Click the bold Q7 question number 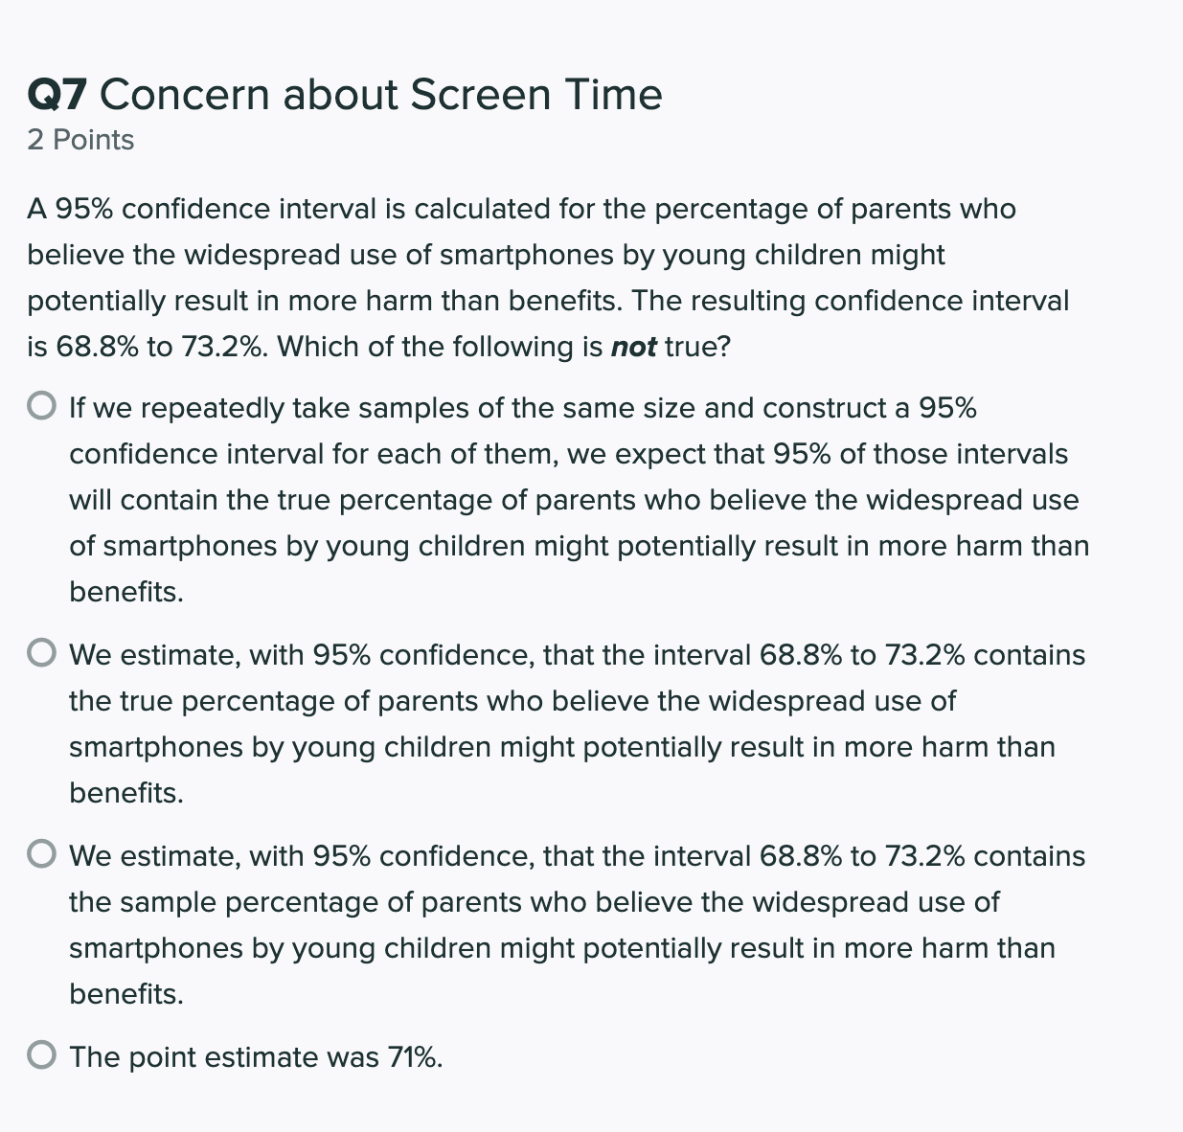[57, 95]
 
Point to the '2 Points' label [80, 140]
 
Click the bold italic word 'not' [633, 347]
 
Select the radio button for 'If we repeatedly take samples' [41, 407]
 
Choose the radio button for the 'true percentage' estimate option [41, 654]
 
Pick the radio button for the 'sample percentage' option [41, 854]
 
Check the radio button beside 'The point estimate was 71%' [41, 1055]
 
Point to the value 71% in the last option [415, 1057]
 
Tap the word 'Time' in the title [613, 95]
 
